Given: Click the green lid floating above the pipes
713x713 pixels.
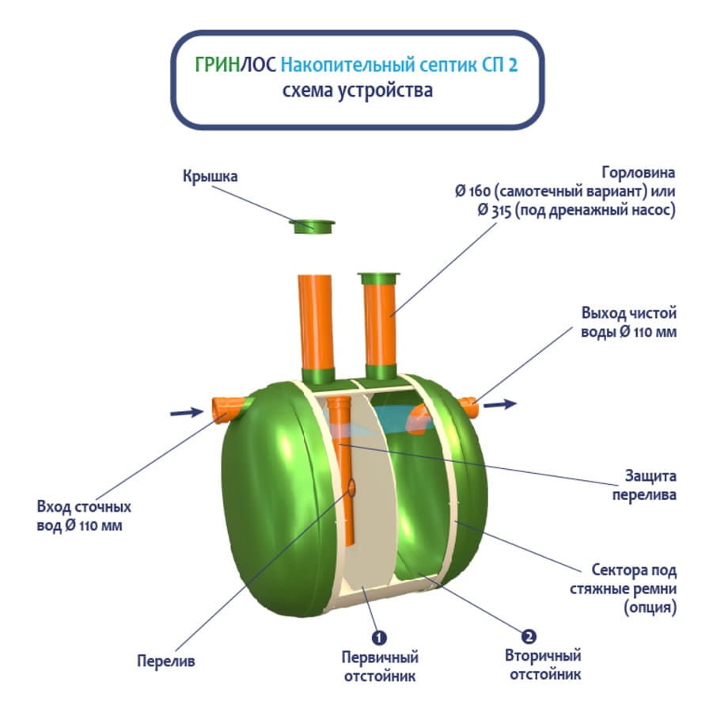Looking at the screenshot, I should [x=313, y=227].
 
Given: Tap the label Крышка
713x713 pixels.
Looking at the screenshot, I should [x=210, y=176].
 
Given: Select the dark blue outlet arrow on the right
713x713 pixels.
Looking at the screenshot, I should [x=500, y=404].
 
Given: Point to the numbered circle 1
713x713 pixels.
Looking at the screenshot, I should [x=379, y=637].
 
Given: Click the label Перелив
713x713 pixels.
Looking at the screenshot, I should [x=166, y=660].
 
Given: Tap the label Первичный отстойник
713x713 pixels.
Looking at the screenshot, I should [x=380, y=666].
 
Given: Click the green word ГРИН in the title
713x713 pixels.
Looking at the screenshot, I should [x=218, y=66].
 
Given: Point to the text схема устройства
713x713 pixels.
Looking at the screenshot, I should [x=357, y=90].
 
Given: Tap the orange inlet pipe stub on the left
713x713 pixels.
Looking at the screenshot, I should [x=226, y=408].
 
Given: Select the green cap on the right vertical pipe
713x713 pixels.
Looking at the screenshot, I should [x=380, y=279].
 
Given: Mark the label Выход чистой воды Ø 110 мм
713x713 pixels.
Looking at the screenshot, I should [x=625, y=323].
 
